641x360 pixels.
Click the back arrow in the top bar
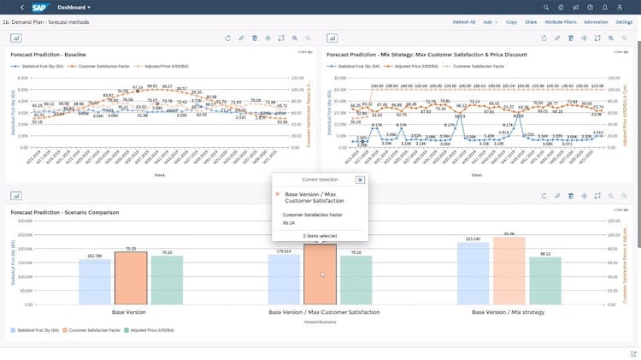[21, 7]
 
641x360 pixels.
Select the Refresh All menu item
[464, 21]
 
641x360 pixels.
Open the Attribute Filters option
[560, 21]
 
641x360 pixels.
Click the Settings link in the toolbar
[624, 21]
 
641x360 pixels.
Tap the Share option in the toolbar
[531, 21]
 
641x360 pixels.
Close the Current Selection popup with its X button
[360, 180]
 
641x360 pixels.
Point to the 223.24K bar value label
[472, 239]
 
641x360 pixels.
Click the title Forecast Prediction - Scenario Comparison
[65, 211]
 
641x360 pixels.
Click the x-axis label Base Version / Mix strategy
[509, 312]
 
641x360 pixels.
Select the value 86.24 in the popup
[289, 222]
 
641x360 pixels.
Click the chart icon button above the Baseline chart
[17, 38]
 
